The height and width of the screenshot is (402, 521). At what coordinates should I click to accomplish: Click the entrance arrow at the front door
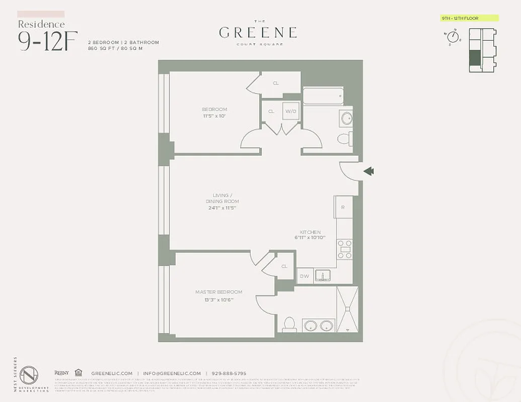(x=368, y=172)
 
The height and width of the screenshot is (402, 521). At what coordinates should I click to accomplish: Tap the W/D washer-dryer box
(x=290, y=111)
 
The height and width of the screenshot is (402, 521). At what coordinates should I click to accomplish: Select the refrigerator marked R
(x=343, y=207)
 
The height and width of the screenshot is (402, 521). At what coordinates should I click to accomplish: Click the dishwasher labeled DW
(x=304, y=276)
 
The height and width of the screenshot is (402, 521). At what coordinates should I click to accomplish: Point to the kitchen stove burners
(x=344, y=249)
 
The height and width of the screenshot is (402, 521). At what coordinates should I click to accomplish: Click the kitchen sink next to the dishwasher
(x=322, y=275)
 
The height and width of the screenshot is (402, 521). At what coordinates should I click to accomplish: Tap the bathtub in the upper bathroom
(x=323, y=96)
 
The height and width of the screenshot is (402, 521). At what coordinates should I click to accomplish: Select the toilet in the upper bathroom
(x=344, y=138)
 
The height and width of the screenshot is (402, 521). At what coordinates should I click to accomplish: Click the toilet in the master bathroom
(x=289, y=324)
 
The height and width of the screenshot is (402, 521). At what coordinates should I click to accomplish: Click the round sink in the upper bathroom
(x=346, y=119)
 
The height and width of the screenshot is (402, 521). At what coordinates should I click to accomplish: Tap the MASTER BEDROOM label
(x=218, y=292)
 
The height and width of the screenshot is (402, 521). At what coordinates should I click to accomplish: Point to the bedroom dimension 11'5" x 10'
(x=214, y=116)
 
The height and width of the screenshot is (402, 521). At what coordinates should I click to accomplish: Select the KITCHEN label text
(x=310, y=232)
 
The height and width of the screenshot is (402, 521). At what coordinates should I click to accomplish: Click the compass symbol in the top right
(x=452, y=38)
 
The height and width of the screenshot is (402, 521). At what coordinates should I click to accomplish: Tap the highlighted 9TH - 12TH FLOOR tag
(x=469, y=18)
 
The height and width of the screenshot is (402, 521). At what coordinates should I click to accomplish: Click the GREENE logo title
(x=258, y=33)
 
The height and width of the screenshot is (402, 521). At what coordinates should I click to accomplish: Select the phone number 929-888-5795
(x=229, y=373)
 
